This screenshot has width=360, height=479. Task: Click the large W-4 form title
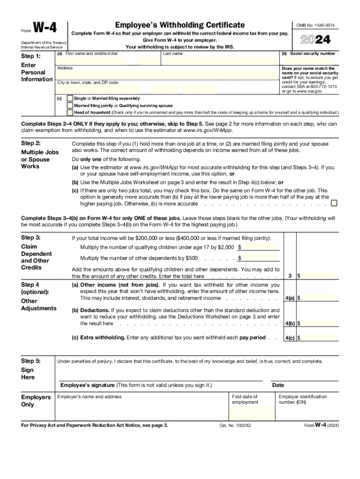click(45, 29)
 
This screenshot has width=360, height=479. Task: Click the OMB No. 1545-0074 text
click(316, 25)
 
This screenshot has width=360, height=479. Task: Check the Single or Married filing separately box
click(70, 99)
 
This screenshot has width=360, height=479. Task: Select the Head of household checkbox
click(70, 112)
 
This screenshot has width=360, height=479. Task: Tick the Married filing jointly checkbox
click(70, 106)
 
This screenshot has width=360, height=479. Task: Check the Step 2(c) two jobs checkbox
click(334, 203)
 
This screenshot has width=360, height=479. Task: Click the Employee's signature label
click(136, 385)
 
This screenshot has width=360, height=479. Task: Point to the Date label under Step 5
click(278, 385)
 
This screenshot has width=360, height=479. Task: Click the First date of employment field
click(252, 413)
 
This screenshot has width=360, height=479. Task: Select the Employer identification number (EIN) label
click(302, 399)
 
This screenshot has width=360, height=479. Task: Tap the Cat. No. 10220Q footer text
click(235, 426)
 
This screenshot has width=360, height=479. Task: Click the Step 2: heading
click(31, 143)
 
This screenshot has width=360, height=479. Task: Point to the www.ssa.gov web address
click(307, 91)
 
